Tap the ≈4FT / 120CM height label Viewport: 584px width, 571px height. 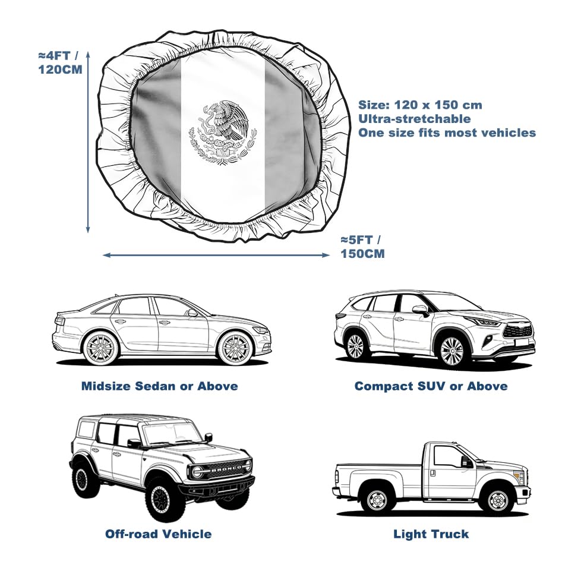point(61,62)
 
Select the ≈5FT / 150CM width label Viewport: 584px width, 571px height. point(363,247)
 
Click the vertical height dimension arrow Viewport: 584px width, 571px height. point(88,142)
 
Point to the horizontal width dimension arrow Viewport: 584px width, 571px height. point(216,255)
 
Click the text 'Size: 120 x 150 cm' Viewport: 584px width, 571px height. point(420,105)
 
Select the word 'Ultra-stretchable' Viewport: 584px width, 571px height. point(415,119)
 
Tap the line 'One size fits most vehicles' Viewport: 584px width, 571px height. point(447,133)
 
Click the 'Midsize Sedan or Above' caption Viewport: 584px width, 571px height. point(159,386)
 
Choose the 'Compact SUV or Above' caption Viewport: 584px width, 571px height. point(431,386)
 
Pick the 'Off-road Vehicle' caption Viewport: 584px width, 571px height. point(158,534)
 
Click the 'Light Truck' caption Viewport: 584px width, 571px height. point(431,534)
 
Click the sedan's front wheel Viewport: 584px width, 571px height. point(235,348)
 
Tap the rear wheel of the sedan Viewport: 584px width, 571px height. point(100,348)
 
